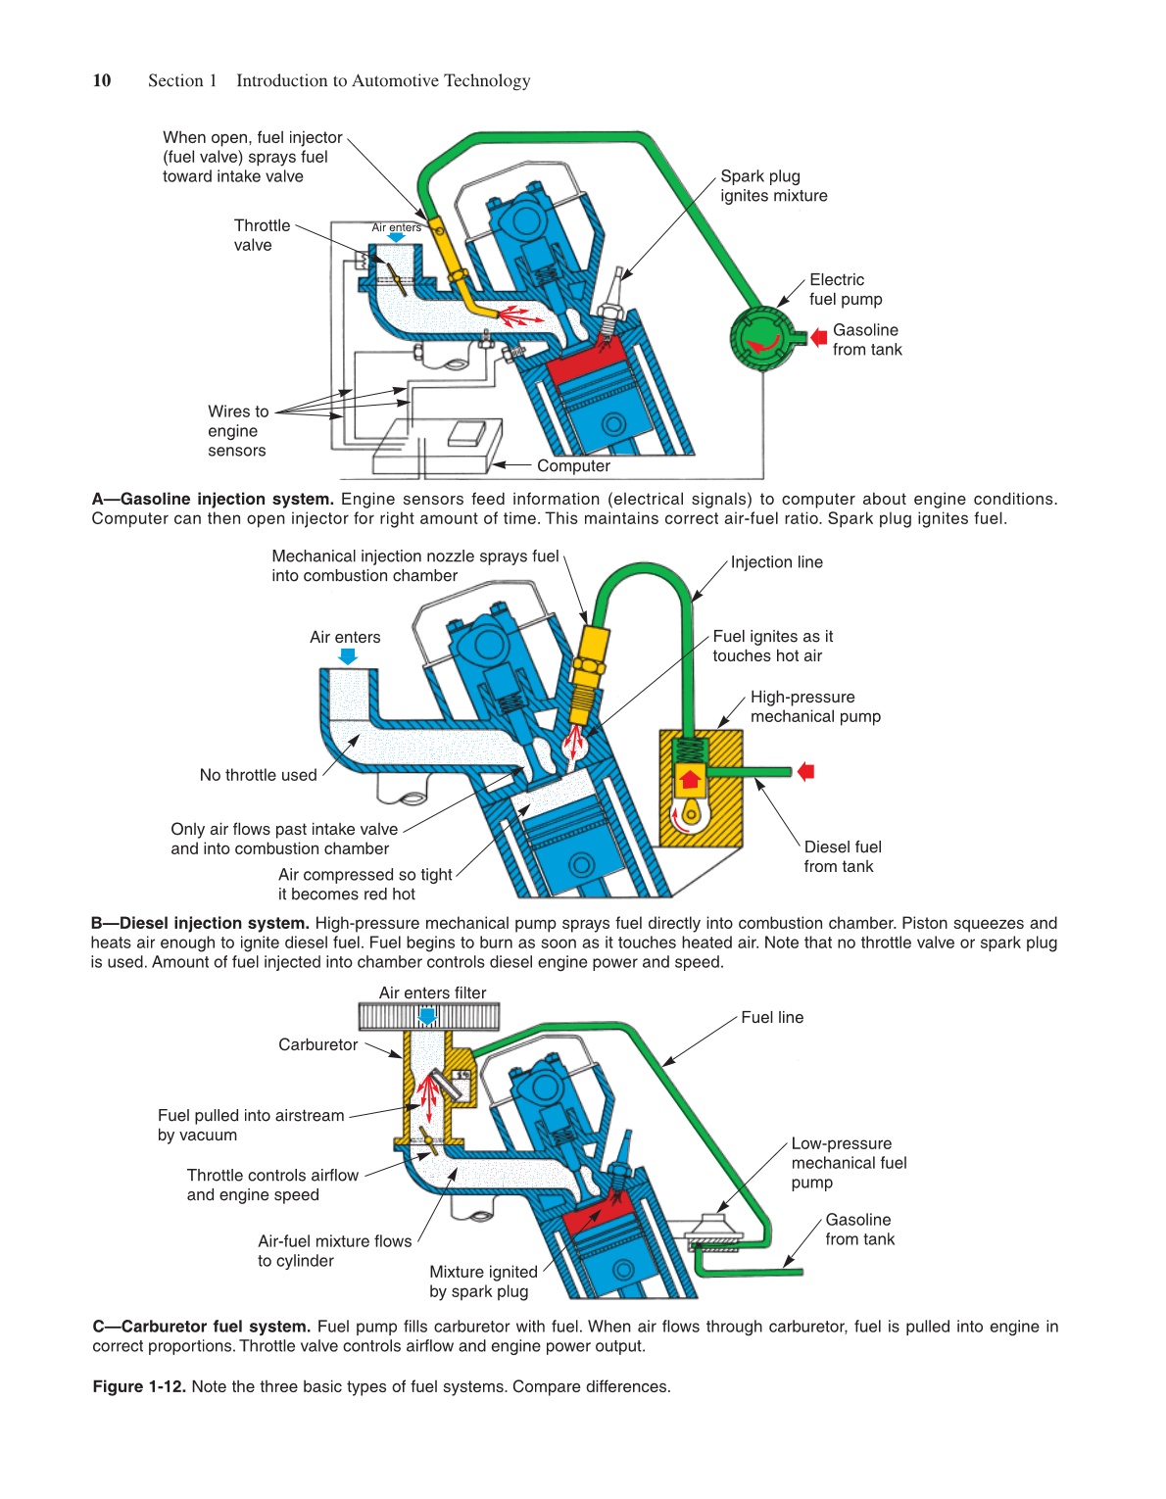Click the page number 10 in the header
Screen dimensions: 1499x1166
[x=102, y=80]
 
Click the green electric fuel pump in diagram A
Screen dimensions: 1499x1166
[x=760, y=339]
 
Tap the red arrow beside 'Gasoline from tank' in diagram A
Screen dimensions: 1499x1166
[x=819, y=338]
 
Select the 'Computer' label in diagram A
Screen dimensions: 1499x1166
[x=573, y=466]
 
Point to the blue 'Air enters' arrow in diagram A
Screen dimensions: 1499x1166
[x=396, y=238]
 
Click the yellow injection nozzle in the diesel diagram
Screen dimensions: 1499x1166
[x=590, y=661]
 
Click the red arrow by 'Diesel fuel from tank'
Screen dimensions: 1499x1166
[x=806, y=772]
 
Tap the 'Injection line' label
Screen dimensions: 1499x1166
[x=776, y=562]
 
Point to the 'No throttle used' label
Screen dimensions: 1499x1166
[x=258, y=775]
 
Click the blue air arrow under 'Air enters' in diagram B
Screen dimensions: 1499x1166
[x=348, y=656]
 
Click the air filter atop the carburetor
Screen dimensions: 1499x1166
[x=428, y=1017]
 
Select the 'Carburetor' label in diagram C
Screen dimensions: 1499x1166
[x=317, y=1045]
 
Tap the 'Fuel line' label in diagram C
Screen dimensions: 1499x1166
[x=772, y=1018]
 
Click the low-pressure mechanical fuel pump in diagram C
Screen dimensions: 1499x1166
[x=713, y=1231]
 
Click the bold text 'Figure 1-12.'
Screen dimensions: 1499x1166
[x=139, y=1387]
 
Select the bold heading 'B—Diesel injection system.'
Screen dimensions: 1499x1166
[x=201, y=923]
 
